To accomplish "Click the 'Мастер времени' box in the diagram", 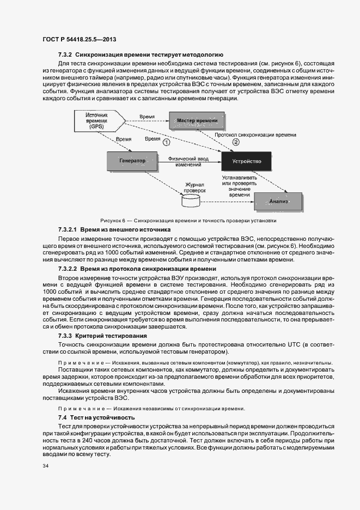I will pos(197,119).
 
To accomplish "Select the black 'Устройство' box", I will pos(246,161).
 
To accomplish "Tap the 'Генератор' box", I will pos(132,161).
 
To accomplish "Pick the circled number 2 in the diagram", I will pos(235,142).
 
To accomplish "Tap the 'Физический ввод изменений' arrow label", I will pos(188,161).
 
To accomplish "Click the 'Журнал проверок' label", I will pos(194,188).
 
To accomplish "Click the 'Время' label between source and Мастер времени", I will pos(147,117).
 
